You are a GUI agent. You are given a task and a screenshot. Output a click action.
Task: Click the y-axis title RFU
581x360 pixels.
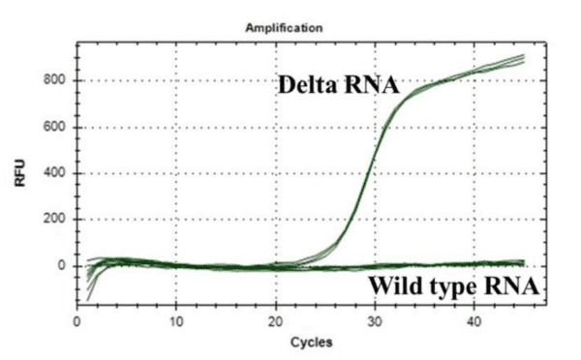coord(20,177)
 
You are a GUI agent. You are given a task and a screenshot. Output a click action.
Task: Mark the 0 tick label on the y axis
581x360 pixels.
coord(63,265)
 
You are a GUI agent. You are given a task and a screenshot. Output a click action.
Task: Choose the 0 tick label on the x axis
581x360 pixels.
coord(77,319)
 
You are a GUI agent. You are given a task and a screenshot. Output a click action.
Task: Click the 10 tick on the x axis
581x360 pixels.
coord(175,319)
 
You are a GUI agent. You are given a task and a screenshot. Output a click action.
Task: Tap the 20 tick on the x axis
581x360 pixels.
coord(275,319)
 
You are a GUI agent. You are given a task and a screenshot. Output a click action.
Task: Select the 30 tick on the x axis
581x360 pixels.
coord(375,319)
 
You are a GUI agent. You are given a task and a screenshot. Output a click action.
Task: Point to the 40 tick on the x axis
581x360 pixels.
coord(474,319)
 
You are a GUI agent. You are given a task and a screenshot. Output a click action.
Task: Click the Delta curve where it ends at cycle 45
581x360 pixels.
coord(523,59)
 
